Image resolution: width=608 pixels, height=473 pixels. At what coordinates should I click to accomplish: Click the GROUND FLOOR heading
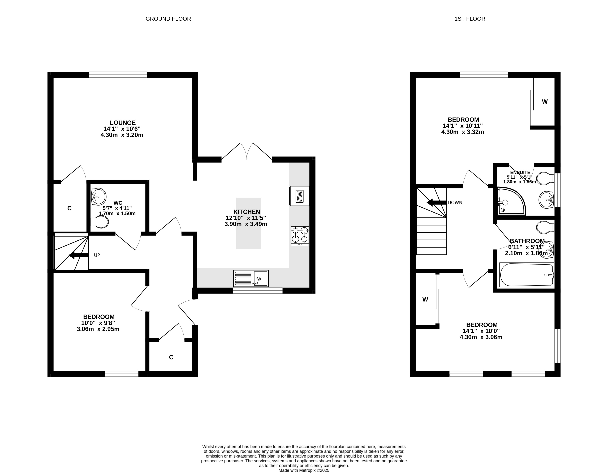click(x=168, y=19)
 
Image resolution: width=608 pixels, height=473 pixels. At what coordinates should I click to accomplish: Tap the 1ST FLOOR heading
click(x=470, y=19)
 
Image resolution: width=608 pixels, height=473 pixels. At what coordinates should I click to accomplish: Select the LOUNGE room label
click(x=123, y=123)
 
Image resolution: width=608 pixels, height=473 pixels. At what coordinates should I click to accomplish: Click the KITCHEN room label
click(x=247, y=212)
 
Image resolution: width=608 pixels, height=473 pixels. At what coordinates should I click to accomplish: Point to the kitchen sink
click(x=251, y=278)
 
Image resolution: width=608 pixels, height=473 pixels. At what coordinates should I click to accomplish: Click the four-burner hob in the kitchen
click(x=300, y=236)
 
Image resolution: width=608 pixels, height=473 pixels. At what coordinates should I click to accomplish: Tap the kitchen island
click(x=249, y=223)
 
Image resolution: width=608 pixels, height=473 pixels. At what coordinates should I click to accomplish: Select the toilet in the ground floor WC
click(x=99, y=222)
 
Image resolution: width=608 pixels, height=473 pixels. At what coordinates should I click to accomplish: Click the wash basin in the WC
click(x=98, y=196)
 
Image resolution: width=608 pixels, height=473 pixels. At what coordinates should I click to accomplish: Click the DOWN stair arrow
click(x=437, y=203)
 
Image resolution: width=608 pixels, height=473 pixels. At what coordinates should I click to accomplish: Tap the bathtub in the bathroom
click(x=527, y=275)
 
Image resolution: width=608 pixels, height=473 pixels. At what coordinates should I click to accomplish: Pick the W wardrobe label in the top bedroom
click(x=545, y=102)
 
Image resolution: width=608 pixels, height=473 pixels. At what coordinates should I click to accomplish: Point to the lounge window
click(x=118, y=75)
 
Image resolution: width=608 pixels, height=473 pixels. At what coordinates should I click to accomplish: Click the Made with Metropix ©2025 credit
click(x=304, y=470)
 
